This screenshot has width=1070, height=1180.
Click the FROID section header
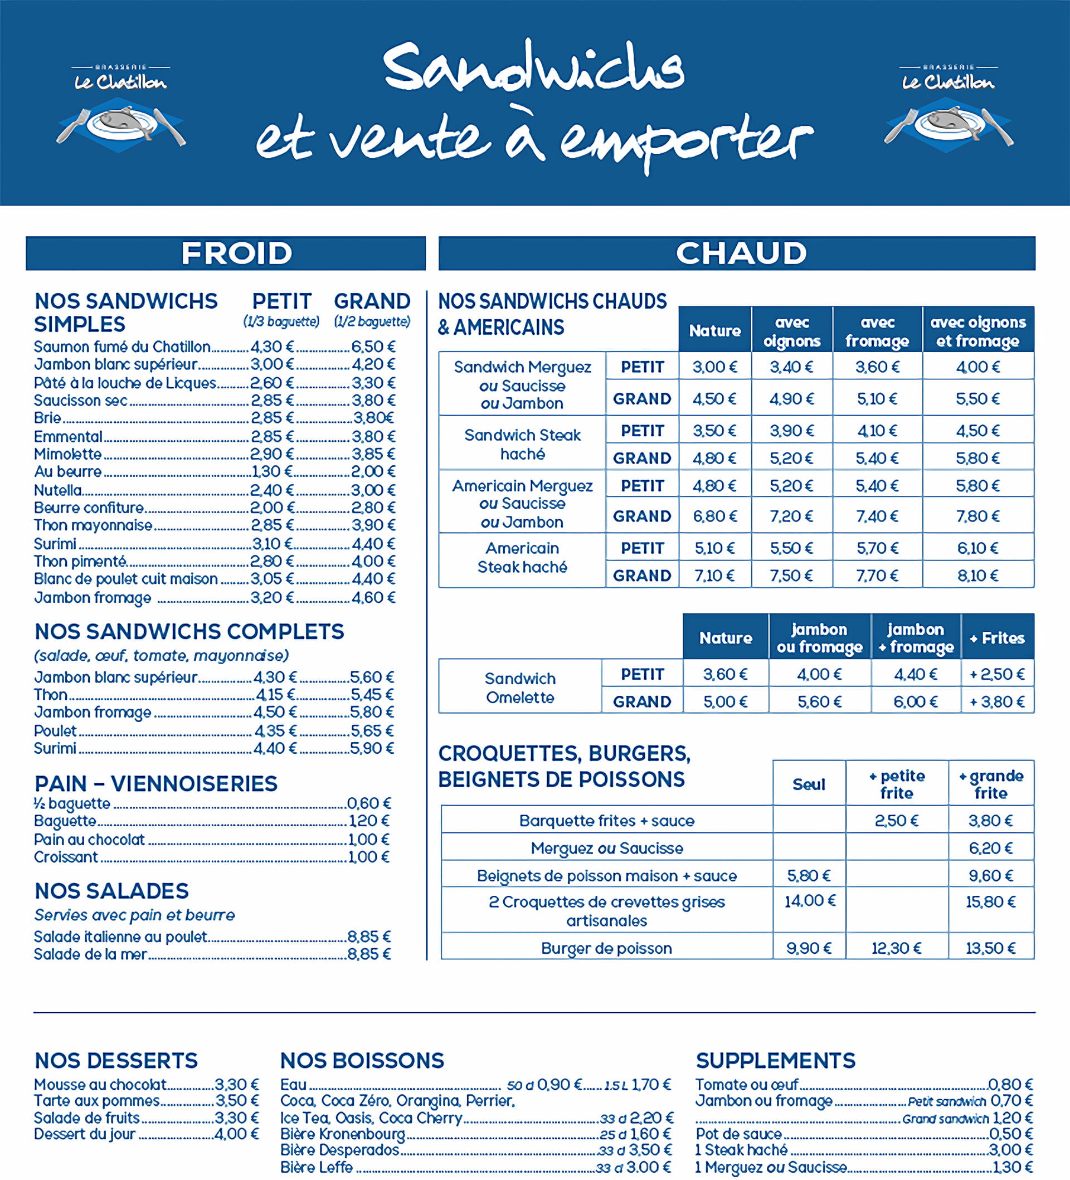(x=236, y=253)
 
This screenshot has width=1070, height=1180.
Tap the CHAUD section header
(x=741, y=253)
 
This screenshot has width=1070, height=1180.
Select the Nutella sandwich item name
(x=58, y=490)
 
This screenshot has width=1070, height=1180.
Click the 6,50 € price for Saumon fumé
(x=373, y=347)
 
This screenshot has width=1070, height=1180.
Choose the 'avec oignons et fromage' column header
(x=977, y=331)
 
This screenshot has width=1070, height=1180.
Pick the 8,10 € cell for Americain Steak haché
(x=977, y=576)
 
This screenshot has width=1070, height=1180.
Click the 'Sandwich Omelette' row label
(x=520, y=687)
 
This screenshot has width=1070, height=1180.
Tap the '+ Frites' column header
(x=997, y=638)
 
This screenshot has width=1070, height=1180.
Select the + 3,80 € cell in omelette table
(x=997, y=701)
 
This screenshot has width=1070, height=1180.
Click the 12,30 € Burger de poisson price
(x=896, y=948)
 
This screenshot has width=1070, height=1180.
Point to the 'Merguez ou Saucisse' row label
(x=606, y=848)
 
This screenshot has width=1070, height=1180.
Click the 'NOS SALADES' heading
(x=112, y=891)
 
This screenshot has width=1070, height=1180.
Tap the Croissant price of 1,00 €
(x=368, y=857)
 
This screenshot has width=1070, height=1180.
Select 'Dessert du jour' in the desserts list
(x=85, y=1134)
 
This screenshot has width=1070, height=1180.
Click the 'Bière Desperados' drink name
(x=339, y=1149)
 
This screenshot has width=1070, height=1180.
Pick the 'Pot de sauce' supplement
(x=739, y=1134)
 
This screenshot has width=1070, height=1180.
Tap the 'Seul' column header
(x=809, y=784)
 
